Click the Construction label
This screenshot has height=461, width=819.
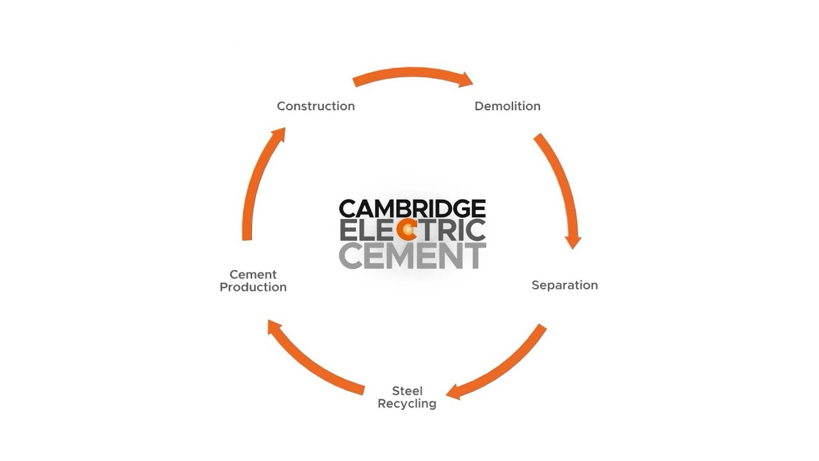(x=315, y=106)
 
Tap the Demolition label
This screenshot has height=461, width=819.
(x=507, y=106)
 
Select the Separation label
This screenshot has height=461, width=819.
(x=564, y=286)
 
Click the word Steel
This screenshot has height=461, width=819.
(x=407, y=391)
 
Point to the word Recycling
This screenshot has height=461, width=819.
(x=407, y=404)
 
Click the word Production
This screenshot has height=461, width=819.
(x=253, y=287)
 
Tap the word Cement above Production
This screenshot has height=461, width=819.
(x=253, y=275)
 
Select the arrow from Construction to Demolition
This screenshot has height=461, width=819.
(x=409, y=73)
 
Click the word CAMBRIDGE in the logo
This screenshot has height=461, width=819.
(x=412, y=209)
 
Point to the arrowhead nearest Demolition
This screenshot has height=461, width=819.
(x=465, y=79)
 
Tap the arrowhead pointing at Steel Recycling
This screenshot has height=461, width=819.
(x=454, y=392)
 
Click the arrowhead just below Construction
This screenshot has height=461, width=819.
(x=279, y=134)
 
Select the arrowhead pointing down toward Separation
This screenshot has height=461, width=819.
(x=573, y=242)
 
